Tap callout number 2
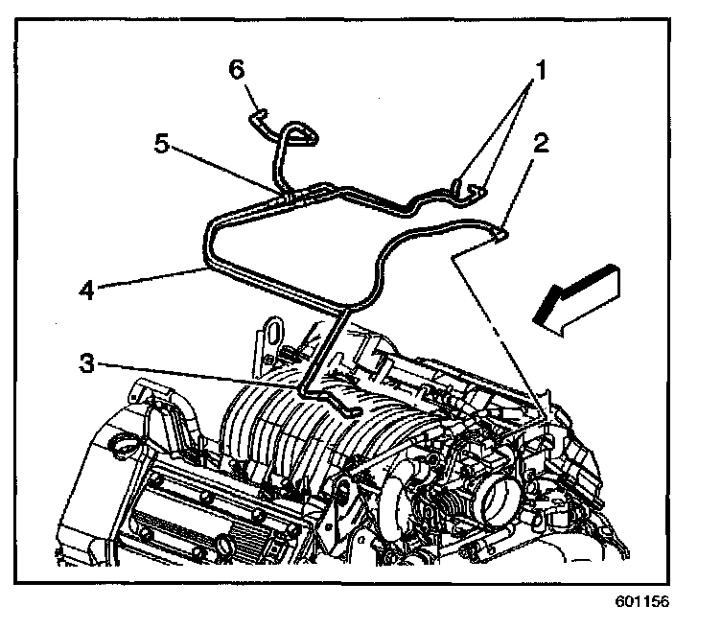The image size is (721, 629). pos(542,145)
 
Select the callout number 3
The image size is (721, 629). pos(87,362)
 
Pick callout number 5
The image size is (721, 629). pos(163,143)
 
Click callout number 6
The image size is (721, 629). pos(236,69)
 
